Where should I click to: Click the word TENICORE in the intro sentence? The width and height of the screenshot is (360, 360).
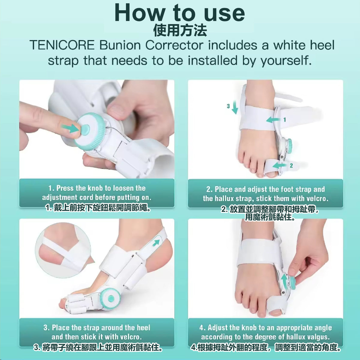point(62,45)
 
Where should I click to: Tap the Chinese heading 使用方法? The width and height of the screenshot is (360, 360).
point(180,31)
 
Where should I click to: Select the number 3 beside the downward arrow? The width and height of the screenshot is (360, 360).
point(228,106)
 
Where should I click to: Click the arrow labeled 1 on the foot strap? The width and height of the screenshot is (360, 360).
point(273,119)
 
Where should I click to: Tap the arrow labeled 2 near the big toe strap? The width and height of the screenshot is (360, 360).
point(280,165)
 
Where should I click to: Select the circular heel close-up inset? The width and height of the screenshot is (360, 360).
point(63,250)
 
